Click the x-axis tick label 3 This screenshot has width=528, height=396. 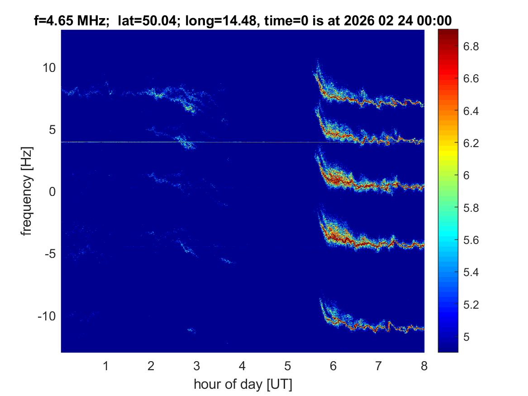click(x=196, y=366)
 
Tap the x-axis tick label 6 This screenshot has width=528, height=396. click(x=333, y=366)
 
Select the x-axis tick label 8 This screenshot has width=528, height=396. click(x=423, y=366)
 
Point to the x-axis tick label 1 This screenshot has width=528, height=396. click(x=106, y=366)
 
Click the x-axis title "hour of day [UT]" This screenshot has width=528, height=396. click(x=243, y=385)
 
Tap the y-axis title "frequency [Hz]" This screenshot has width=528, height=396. click(x=28, y=191)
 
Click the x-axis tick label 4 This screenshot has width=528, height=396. click(x=243, y=366)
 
